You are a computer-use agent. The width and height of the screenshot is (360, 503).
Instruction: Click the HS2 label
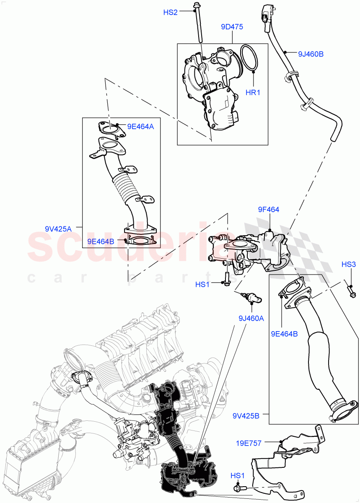[x=170, y=13]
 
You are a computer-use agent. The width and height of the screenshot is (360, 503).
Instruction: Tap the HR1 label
[x=253, y=92]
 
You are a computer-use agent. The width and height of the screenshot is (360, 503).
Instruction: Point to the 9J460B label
[x=311, y=54]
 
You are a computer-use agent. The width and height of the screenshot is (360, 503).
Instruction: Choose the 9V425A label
[x=58, y=228]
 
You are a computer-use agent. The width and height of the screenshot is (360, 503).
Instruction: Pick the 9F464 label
[x=269, y=210]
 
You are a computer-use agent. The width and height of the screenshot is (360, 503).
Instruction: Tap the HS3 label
[x=348, y=264]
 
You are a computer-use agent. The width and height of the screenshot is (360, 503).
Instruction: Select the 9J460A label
[x=251, y=318]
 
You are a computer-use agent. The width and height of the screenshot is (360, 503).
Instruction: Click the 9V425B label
[x=246, y=416]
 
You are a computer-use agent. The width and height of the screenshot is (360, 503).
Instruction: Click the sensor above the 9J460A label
[x=253, y=298]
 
